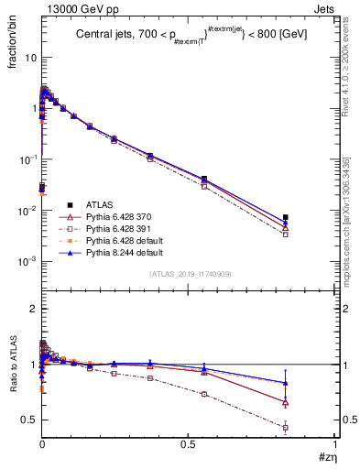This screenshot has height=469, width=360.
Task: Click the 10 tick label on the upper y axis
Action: click(30, 57)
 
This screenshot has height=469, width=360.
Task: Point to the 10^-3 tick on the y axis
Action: click(27, 262)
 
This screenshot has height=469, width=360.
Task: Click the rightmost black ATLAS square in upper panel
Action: click(286, 217)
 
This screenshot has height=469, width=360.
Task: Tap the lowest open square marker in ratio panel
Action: click(286, 428)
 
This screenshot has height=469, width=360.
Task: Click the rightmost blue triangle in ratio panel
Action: click(286, 383)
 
